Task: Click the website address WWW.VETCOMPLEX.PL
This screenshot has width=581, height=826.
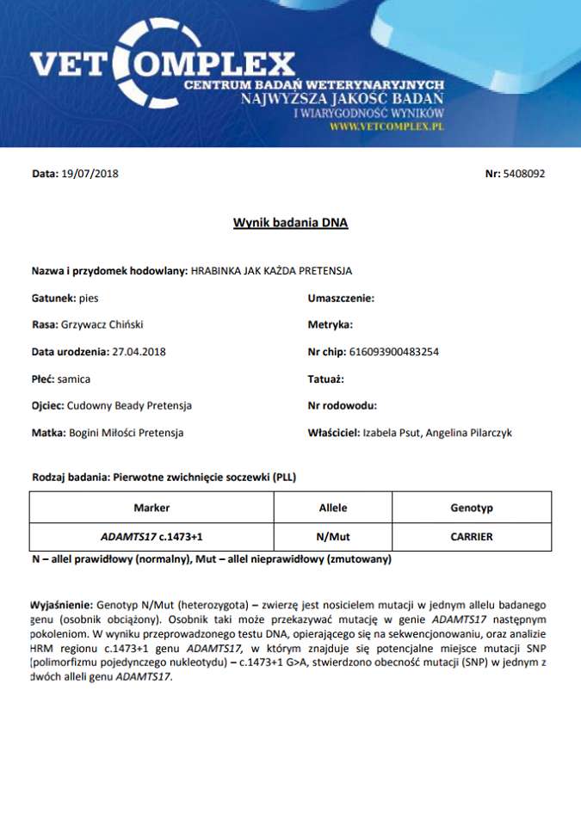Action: click(x=386, y=126)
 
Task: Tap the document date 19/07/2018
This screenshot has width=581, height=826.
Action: click(x=90, y=174)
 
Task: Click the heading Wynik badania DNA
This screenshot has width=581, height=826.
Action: click(x=290, y=223)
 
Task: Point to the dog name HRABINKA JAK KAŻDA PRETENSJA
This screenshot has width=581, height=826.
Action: click(x=271, y=271)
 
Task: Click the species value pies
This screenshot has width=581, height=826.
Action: click(x=89, y=298)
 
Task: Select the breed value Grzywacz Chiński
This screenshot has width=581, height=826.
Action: click(x=102, y=325)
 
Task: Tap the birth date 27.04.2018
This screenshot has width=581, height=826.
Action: click(x=139, y=352)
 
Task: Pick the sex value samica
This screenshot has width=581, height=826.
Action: click(x=74, y=379)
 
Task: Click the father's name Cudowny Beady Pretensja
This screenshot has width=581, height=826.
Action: click(x=129, y=405)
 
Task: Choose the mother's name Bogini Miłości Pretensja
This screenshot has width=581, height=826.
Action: click(x=126, y=433)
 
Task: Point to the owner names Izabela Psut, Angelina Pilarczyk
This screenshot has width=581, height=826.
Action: click(x=437, y=433)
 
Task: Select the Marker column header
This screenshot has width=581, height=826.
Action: click(x=151, y=508)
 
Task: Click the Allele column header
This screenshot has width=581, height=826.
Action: click(x=333, y=508)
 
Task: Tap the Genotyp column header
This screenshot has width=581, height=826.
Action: click(x=472, y=508)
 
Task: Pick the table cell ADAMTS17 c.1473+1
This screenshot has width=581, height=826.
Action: click(x=151, y=537)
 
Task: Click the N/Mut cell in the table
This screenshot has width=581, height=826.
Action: click(x=333, y=537)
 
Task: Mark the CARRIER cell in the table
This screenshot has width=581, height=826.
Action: click(x=472, y=537)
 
